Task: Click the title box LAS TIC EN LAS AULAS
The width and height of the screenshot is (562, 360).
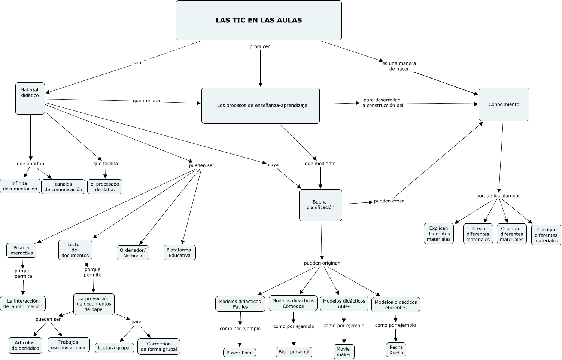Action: (x=259, y=20)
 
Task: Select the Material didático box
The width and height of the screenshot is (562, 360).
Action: (x=30, y=98)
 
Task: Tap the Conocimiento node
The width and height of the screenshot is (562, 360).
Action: (x=504, y=104)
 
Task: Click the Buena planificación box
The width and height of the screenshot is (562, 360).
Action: (x=321, y=205)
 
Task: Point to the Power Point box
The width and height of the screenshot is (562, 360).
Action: (x=240, y=353)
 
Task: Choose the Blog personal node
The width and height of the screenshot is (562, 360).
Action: (x=294, y=352)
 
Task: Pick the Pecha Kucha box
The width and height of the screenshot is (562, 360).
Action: (x=396, y=350)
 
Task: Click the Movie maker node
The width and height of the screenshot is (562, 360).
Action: (x=344, y=352)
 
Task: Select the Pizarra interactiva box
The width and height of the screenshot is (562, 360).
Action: (x=21, y=250)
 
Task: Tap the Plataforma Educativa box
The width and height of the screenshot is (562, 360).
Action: (x=179, y=253)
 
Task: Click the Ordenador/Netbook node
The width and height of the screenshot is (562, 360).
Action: (x=133, y=253)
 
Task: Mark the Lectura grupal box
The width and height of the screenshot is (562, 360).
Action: (x=114, y=348)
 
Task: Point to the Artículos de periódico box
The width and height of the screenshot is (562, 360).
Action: (x=25, y=345)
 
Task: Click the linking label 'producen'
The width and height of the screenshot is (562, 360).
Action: (x=260, y=46)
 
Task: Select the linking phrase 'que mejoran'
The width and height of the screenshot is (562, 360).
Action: (x=147, y=101)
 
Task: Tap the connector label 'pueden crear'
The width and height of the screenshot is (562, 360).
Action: (x=389, y=201)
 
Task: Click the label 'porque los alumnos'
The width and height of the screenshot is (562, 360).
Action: (x=498, y=196)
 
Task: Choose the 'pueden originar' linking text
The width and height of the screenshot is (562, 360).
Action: (x=322, y=263)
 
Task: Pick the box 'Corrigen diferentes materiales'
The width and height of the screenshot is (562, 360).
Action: (x=546, y=235)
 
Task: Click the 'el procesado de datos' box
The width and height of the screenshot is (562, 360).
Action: (x=105, y=187)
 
